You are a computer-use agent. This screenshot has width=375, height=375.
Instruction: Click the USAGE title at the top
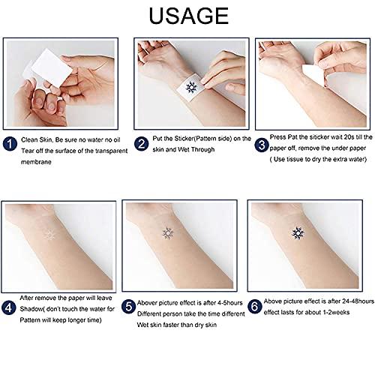[187, 16]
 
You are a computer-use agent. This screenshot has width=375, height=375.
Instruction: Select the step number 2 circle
[140, 142]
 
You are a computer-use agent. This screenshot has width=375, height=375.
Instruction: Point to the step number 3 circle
[262, 142]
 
